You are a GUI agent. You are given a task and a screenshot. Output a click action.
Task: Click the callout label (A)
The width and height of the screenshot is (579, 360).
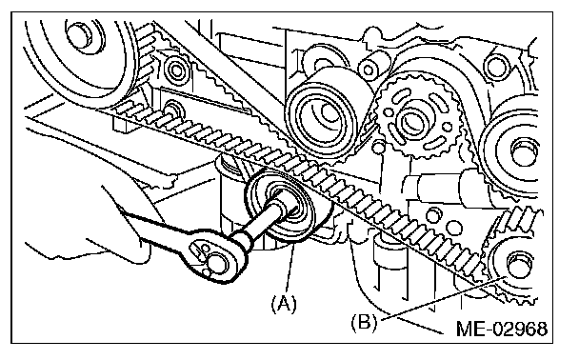point(284,305)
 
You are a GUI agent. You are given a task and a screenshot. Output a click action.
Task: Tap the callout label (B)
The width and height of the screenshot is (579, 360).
point(364,322)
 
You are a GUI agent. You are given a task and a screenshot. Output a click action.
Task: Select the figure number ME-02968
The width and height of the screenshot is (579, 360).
point(502,329)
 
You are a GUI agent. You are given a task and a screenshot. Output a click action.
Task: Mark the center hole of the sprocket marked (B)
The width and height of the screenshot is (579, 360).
point(520,264)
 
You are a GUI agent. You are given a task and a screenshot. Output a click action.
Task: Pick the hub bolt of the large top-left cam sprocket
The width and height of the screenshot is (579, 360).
point(79,34)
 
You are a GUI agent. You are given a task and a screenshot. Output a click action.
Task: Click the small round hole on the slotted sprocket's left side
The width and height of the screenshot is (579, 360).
point(389,110)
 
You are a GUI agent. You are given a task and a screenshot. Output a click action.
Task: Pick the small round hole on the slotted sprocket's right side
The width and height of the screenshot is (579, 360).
point(447,127)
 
